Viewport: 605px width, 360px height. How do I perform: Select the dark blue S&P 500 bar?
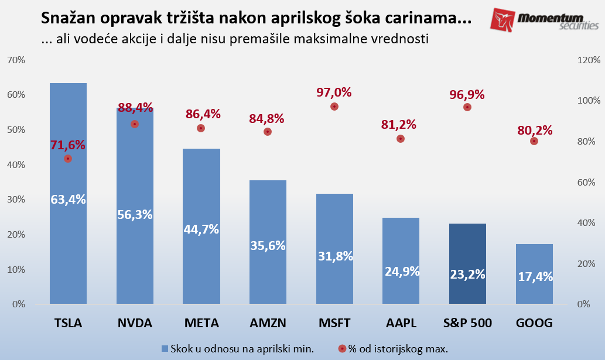pos(467,263)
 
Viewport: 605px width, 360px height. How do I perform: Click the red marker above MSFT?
pos(334,107)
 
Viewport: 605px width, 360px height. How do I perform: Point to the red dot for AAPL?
pos(401,139)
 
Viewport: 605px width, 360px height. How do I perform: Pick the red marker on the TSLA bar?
pos(68,159)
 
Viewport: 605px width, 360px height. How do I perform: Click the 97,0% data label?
pos(334,92)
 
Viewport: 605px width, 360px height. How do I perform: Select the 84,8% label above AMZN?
pos(267,119)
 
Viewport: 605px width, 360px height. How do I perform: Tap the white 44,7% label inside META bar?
pos(201,229)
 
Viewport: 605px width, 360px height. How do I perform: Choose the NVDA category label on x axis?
pos(135,323)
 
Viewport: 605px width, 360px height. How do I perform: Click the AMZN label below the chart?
pos(268,323)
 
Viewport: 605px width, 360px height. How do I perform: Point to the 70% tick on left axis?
pos(15,60)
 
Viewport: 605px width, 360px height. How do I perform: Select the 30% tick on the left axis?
pos(15,200)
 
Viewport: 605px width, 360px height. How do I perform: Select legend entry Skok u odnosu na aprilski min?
pos(237,349)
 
